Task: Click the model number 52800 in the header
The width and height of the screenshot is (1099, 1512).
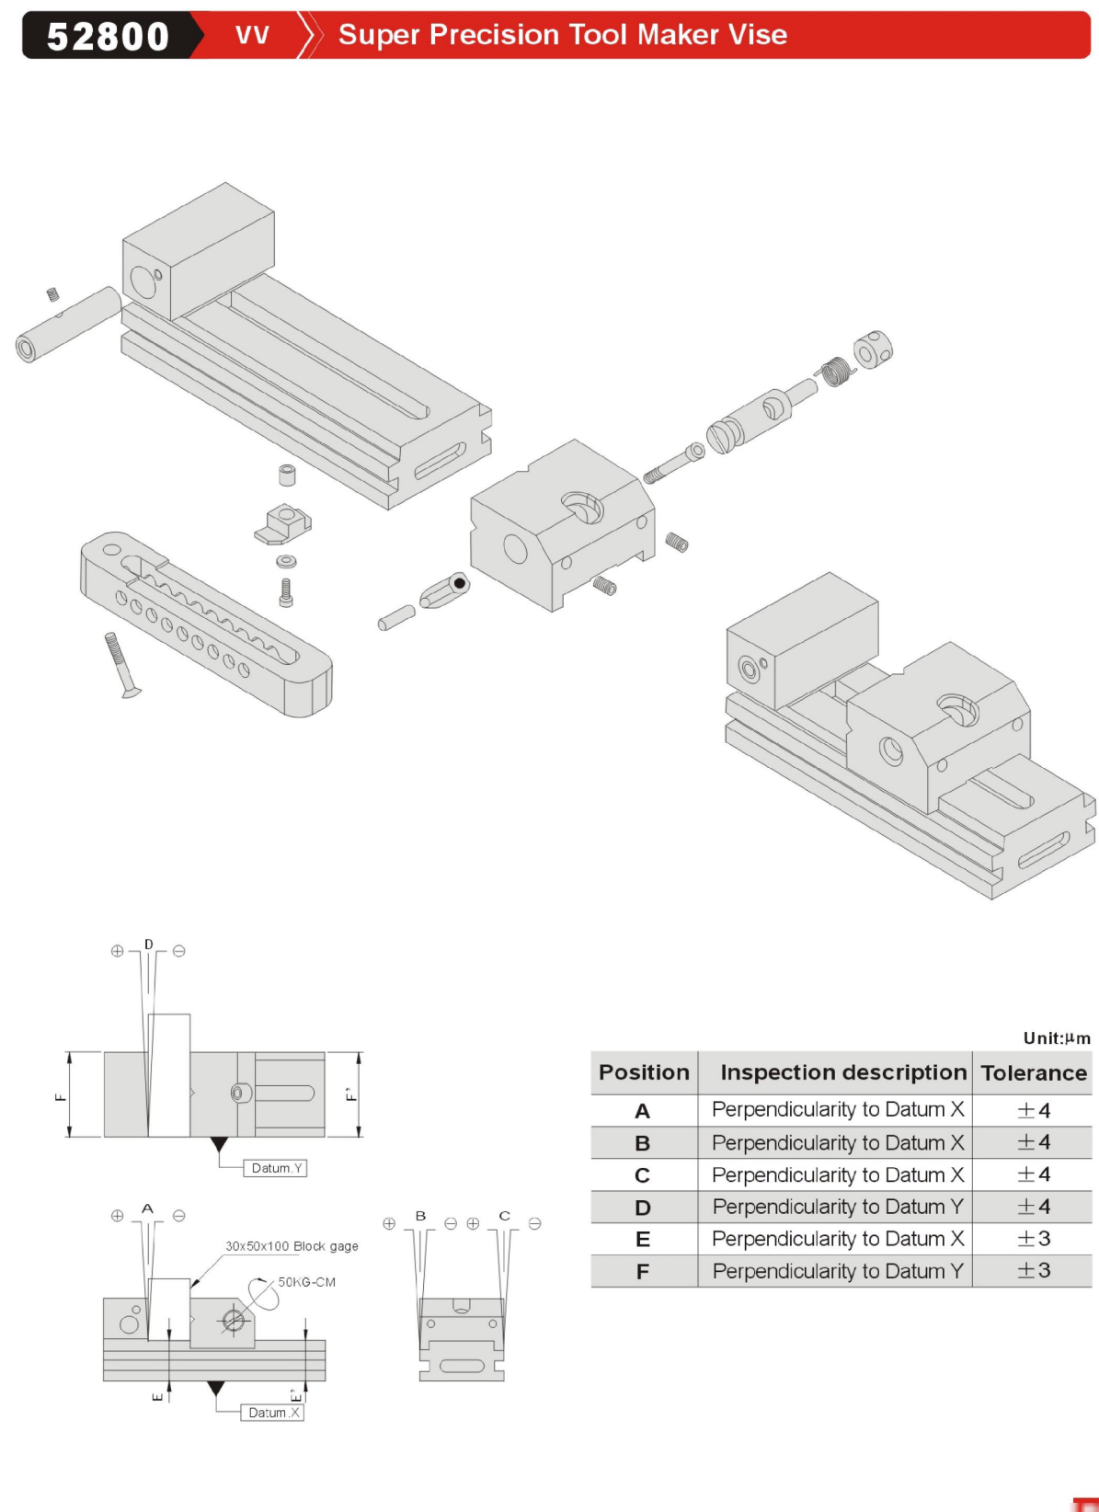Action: tap(108, 37)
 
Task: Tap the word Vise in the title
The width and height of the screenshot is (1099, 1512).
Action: tap(758, 35)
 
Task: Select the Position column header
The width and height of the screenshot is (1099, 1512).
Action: tap(644, 1072)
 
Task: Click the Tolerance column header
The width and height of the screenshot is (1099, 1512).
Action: tap(1034, 1073)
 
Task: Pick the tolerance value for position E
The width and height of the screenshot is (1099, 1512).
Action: tap(1034, 1239)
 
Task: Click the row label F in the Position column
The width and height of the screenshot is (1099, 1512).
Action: tap(643, 1272)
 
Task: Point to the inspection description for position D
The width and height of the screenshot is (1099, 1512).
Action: tap(838, 1207)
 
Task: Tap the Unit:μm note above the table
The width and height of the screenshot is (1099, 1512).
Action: tap(1057, 1038)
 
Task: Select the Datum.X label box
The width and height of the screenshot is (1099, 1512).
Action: tap(273, 1413)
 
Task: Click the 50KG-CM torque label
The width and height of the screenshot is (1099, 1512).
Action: tap(307, 1282)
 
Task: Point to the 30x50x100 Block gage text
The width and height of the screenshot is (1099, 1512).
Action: tap(292, 1246)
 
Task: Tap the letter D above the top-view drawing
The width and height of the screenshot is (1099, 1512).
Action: tap(149, 945)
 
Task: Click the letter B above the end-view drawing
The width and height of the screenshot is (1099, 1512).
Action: tap(420, 1216)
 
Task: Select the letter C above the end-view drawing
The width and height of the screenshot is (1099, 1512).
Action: tap(504, 1216)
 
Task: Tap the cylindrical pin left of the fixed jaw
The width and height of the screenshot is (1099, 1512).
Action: tap(69, 324)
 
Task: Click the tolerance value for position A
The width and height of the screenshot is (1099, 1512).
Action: tap(1034, 1110)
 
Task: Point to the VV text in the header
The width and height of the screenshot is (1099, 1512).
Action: tap(252, 36)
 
